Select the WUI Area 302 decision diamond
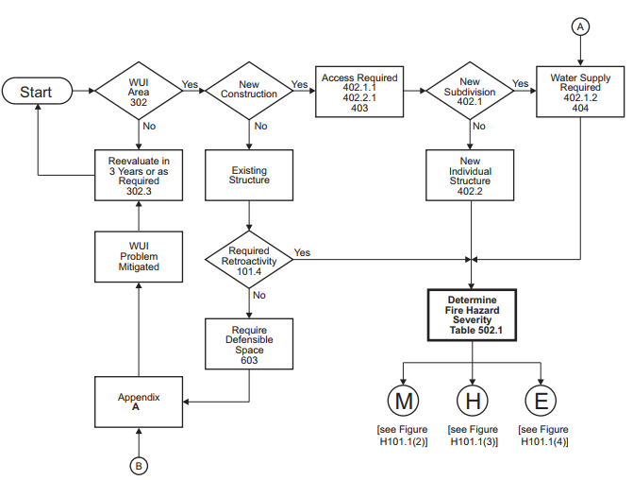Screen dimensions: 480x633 (139, 91)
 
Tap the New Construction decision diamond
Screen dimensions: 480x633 (248, 91)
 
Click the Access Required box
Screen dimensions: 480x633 (359, 92)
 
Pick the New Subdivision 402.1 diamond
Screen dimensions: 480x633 (470, 91)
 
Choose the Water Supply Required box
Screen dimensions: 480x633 (580, 92)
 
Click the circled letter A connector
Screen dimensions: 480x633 (580, 27)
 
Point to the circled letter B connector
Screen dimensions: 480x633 (139, 465)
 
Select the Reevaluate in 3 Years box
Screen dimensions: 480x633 (139, 175)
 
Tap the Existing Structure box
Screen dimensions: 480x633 (248, 175)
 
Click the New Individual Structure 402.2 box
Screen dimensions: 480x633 (470, 175)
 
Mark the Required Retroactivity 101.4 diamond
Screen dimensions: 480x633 (248, 257)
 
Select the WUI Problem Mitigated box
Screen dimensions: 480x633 (139, 257)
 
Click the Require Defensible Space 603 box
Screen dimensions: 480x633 (248, 344)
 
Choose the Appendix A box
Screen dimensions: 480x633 (139, 402)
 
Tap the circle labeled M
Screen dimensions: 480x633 (404, 401)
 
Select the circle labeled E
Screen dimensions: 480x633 (541, 401)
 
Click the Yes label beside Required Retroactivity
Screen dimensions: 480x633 (302, 252)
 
